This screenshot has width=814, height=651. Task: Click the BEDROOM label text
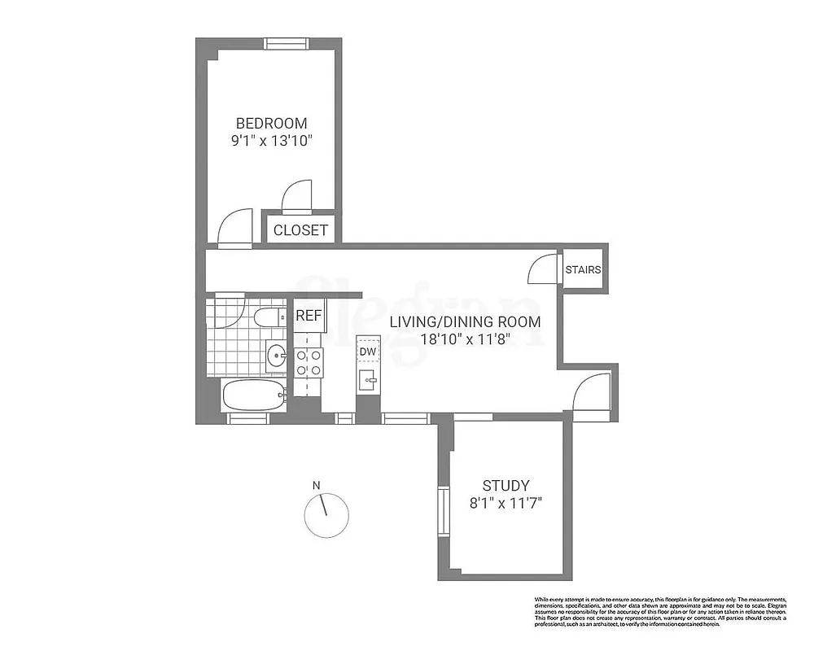click(271, 124)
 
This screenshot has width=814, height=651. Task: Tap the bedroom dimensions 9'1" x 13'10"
click(271, 141)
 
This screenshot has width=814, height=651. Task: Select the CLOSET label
click(300, 230)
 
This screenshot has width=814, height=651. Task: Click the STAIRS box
click(584, 269)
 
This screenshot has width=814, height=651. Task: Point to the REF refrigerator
click(309, 316)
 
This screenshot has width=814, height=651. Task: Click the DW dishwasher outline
click(368, 351)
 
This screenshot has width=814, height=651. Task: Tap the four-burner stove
click(309, 361)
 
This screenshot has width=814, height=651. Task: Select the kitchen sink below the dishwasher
click(369, 378)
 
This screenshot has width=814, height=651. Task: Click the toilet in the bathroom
click(268, 317)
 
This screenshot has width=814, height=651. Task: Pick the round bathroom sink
click(278, 355)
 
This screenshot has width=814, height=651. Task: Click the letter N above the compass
click(317, 486)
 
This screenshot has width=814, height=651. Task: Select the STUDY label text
click(505, 486)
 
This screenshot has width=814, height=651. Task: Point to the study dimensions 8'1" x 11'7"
click(505, 503)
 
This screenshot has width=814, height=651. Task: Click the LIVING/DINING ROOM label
click(465, 321)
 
